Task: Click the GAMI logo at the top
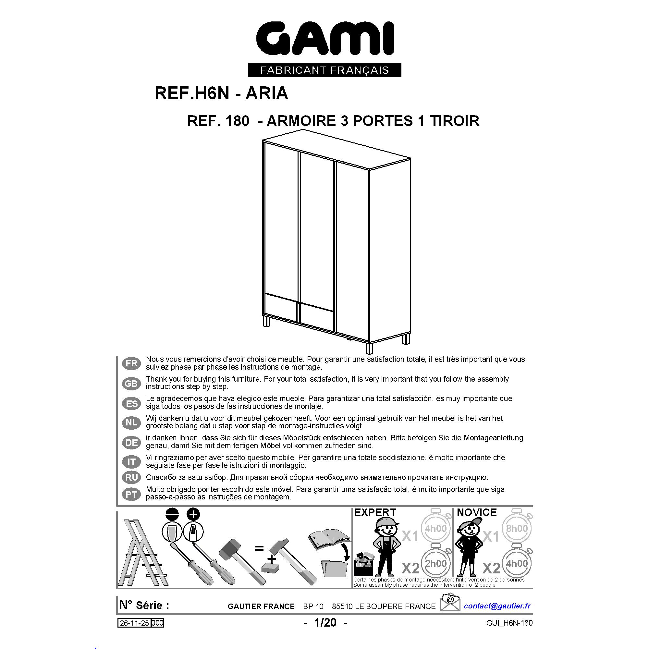tap(325, 38)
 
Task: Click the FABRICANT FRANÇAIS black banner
tap(324, 70)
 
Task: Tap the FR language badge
tap(131, 363)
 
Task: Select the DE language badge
tap(131, 443)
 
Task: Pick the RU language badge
tap(131, 477)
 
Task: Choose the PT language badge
tap(131, 495)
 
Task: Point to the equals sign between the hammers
tap(259, 549)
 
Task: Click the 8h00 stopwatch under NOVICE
tap(517, 528)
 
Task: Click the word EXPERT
tap(375, 513)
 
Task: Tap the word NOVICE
tap(477, 513)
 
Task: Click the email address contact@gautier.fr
tap(497, 606)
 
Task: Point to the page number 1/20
tap(325, 623)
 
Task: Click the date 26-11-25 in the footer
tap(134, 623)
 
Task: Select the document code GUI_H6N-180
tap(509, 623)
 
